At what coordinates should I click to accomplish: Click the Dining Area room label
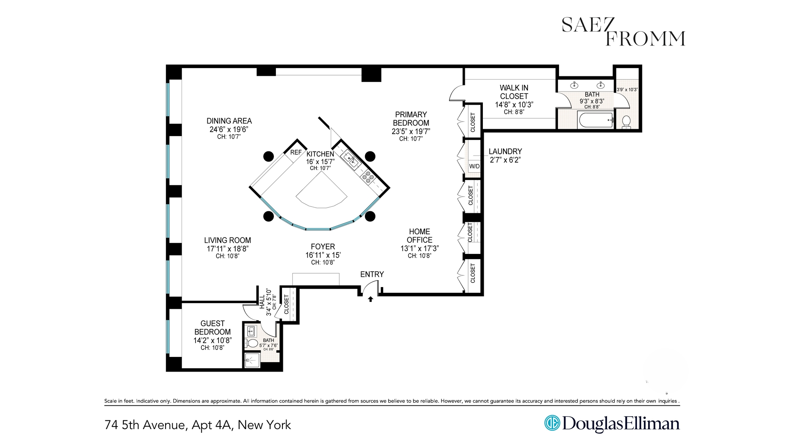click(x=229, y=121)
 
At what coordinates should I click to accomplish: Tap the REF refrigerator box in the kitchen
click(x=296, y=152)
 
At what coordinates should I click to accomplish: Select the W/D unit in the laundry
click(x=474, y=166)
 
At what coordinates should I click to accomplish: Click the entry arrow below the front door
click(x=371, y=299)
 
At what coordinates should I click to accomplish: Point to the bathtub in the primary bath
click(x=596, y=120)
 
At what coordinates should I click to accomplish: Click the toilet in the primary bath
click(x=626, y=121)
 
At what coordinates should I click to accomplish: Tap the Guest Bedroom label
click(x=212, y=327)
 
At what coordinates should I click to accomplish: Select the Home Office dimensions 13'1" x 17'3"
click(x=419, y=249)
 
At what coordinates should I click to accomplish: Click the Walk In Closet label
click(x=514, y=92)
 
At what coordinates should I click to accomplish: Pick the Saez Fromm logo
click(x=623, y=32)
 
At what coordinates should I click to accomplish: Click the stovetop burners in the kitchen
click(x=368, y=177)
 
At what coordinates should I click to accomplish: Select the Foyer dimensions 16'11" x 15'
click(x=323, y=255)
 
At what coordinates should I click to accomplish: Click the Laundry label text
click(x=505, y=151)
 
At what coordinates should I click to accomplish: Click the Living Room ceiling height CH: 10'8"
click(x=227, y=256)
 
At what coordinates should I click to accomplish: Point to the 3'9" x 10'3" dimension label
click(x=627, y=89)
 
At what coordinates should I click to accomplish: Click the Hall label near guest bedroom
click(x=262, y=302)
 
